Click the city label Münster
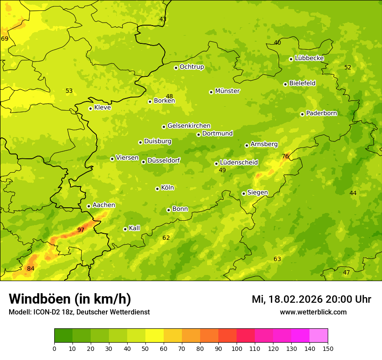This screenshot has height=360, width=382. point(227,91)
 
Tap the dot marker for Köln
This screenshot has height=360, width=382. point(157,189)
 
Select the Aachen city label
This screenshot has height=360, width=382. point(104,205)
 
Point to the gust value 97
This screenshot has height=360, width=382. point(81,230)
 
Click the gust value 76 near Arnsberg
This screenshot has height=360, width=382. point(285,156)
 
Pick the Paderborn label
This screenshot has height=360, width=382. point(321,113)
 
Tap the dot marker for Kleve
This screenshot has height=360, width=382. point(90,108)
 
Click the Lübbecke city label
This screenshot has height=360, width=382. point(309,58)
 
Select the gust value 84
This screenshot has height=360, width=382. point(30,268)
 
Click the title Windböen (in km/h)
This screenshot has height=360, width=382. point(70,299)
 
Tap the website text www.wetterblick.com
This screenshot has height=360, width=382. point(313,312)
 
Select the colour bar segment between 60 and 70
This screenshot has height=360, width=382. point(173,336)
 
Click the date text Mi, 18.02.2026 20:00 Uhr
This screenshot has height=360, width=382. point(311,299)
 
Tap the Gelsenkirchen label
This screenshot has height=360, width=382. point(189,126)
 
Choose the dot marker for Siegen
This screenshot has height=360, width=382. point(244,193)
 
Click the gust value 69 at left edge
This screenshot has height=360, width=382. point(5,39)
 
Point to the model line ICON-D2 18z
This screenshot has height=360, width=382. point(79,312)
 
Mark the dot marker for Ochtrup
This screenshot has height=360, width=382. point(176,68)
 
